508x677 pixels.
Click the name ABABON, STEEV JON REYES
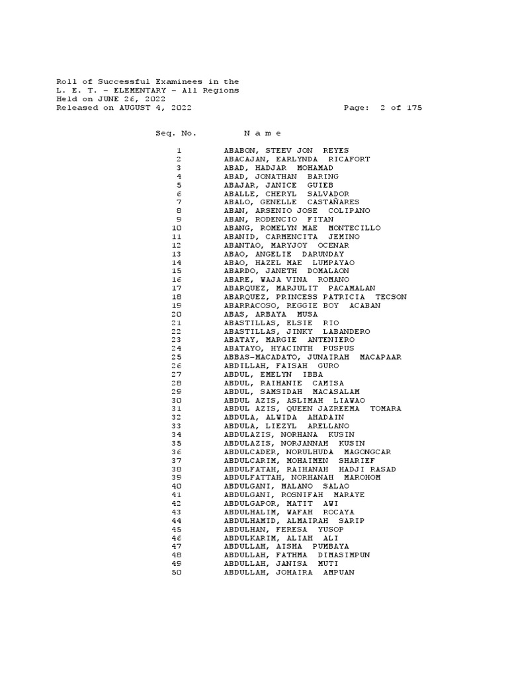286,151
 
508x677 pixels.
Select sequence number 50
176,573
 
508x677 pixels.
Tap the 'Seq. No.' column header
176,133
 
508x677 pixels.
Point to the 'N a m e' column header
263,133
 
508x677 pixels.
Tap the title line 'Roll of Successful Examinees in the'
147,82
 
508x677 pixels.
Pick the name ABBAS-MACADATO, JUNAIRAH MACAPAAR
312,357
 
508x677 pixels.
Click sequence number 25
176,357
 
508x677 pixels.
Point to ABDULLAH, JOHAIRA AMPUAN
289,573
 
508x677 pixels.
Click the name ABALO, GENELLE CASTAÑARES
291,202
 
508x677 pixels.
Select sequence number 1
179,151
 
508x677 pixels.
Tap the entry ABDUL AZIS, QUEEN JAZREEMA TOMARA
312,409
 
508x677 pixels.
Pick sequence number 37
176,461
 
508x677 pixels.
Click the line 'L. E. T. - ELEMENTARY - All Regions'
147,91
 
